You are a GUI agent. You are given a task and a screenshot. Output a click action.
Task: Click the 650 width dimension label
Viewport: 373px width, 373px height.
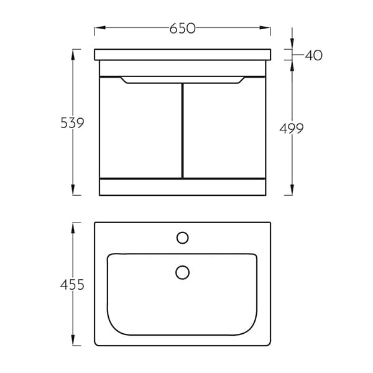(x=182, y=29)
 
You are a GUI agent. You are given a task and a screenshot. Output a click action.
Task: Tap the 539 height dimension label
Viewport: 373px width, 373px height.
(x=72, y=123)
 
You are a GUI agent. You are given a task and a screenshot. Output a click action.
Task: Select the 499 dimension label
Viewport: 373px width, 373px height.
(x=292, y=129)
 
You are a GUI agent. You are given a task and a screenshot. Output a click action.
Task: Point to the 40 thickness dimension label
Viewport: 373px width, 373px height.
(x=314, y=55)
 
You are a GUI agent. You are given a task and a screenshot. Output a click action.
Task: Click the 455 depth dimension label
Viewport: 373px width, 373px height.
(x=72, y=285)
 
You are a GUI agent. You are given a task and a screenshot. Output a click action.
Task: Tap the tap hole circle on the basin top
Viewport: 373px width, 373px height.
(x=182, y=237)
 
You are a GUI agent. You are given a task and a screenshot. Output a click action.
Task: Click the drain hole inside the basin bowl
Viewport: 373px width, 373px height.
(x=182, y=272)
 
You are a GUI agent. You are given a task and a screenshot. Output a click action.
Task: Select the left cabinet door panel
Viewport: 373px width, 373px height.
(x=140, y=129)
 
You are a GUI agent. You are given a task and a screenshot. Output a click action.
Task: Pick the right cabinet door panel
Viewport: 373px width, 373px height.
(x=224, y=129)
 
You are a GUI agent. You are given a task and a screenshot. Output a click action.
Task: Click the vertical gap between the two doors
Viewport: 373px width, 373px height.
(x=182, y=131)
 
